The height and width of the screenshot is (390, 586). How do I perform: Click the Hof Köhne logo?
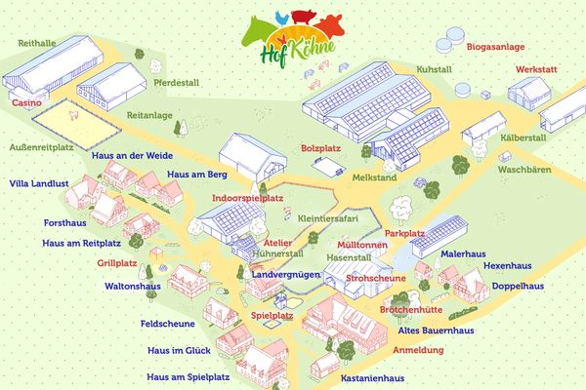pyautogui.click(x=292, y=34)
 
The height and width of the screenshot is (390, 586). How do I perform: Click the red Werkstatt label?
pyautogui.click(x=538, y=71)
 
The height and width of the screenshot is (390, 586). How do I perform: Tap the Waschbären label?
pyautogui.click(x=524, y=170)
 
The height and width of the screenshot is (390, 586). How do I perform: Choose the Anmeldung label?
pyautogui.click(x=418, y=348)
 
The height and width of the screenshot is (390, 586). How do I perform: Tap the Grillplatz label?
pyautogui.click(x=117, y=263)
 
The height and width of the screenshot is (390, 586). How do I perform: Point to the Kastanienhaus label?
pyautogui.click(x=372, y=377)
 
